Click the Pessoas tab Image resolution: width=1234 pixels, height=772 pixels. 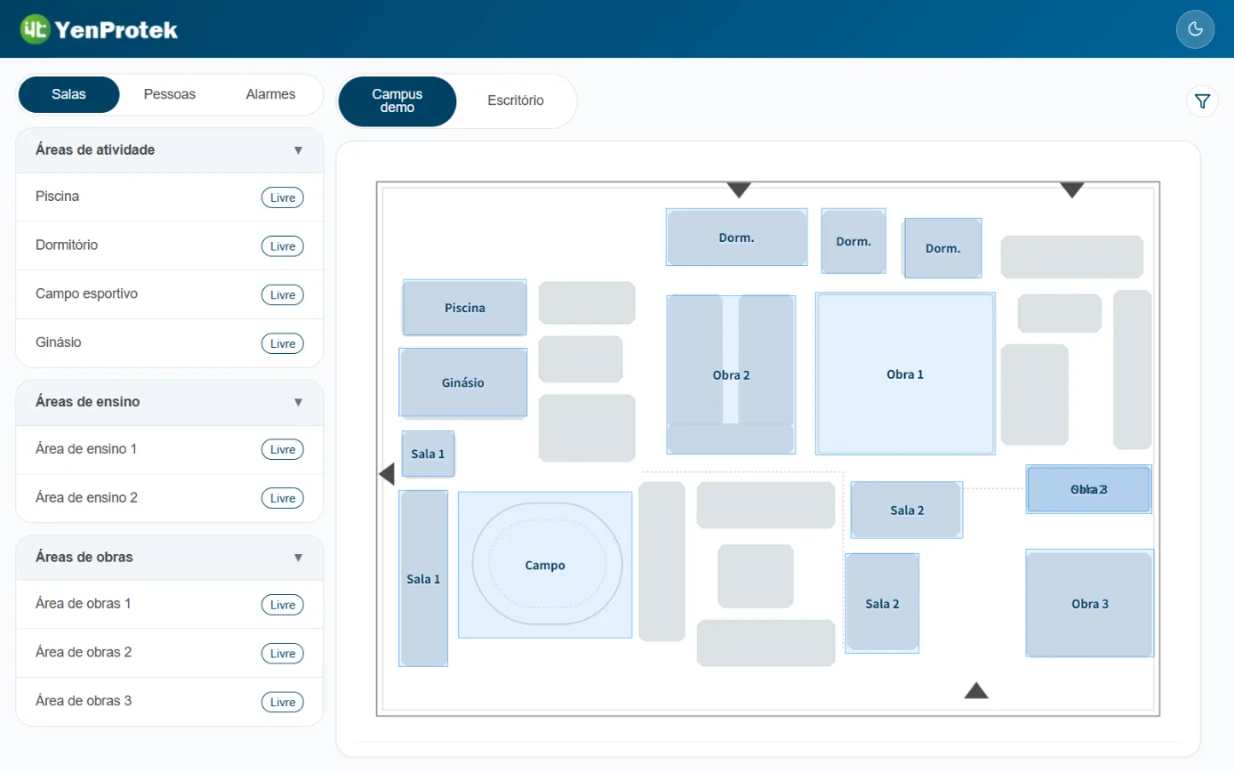coord(169,94)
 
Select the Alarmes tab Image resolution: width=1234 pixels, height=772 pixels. coord(270,94)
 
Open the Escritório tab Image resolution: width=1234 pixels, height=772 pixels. coord(515,101)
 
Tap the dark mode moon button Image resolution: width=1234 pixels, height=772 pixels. coord(1195,29)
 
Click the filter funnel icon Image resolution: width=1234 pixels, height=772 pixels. coord(1202,101)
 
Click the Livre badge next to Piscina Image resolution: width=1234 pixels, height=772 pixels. coord(282,197)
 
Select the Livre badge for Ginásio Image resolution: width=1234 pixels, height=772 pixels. coord(282,343)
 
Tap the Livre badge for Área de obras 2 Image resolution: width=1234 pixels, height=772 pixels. coord(282,653)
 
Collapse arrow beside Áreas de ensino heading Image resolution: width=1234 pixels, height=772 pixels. coord(298,402)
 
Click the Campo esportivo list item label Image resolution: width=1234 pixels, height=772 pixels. coord(86,294)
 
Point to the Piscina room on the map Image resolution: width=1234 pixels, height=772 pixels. coord(464,308)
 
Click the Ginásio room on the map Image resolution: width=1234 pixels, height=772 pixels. coord(462,382)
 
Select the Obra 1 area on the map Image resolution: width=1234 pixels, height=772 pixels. coord(905,374)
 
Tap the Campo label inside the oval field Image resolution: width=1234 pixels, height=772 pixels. coord(545,566)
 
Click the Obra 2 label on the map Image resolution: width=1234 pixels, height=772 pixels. coord(731,375)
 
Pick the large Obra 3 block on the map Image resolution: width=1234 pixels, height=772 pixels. coord(1089,603)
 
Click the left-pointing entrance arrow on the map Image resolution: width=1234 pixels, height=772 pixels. coord(387,474)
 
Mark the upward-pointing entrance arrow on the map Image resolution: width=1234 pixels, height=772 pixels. coord(976,690)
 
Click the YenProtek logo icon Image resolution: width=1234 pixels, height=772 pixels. coord(35,29)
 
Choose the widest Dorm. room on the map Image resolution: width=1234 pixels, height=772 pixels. coord(736,237)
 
